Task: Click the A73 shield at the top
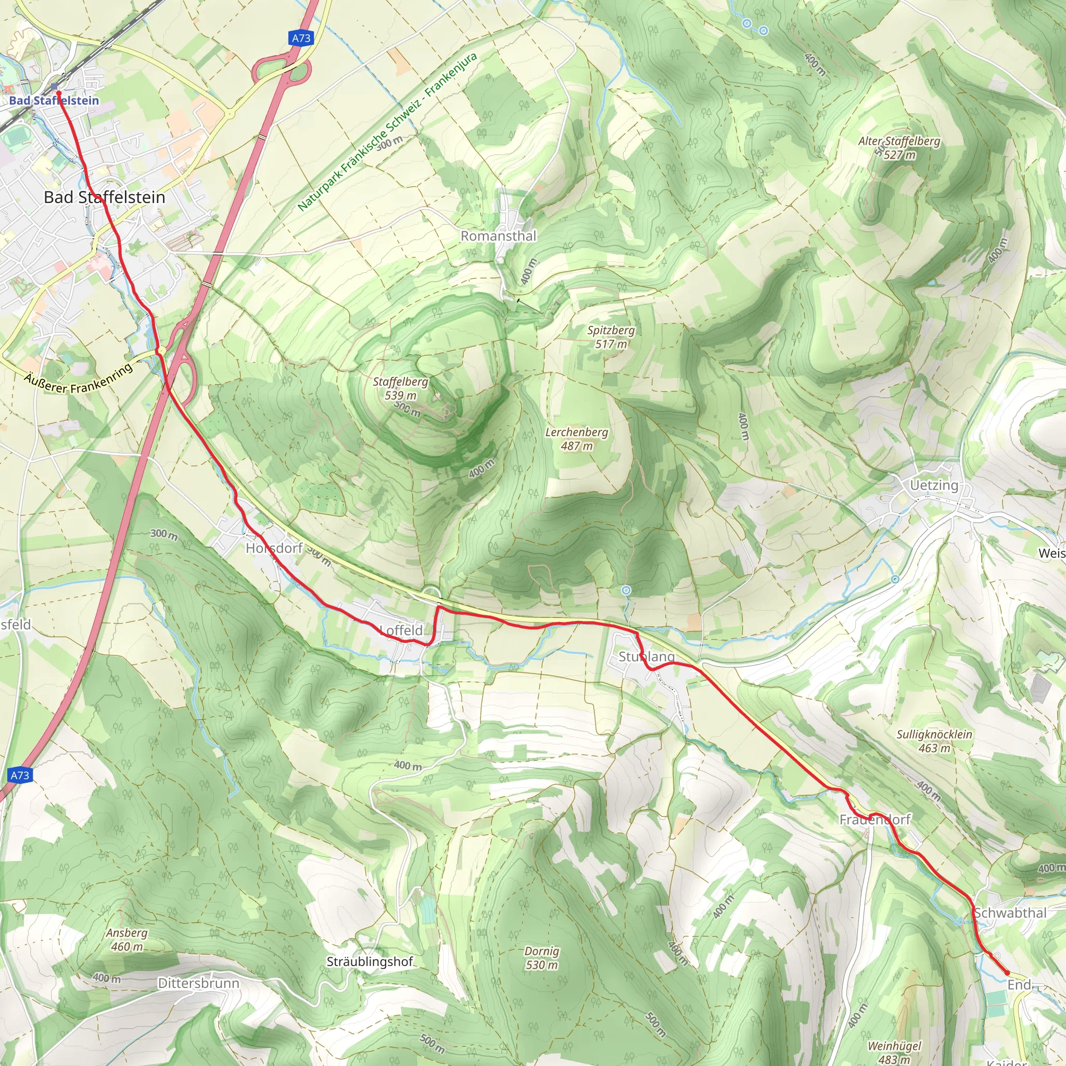click(301, 38)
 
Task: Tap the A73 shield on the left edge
click(20, 775)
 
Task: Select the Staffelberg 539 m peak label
click(401, 388)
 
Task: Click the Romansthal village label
click(498, 236)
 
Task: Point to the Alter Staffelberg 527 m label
click(899, 148)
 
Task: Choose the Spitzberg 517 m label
click(611, 337)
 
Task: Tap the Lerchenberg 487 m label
click(577, 439)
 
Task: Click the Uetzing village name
click(934, 485)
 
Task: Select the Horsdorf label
click(274, 548)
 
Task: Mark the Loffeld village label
click(402, 630)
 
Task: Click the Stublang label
click(646, 656)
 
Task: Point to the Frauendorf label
click(874, 819)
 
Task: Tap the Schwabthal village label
click(1009, 913)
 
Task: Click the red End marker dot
click(1007, 973)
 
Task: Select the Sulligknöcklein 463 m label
click(934, 741)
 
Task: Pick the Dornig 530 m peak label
click(541, 958)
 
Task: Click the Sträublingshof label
click(370, 962)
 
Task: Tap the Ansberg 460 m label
click(127, 940)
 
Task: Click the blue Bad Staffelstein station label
click(54, 100)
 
